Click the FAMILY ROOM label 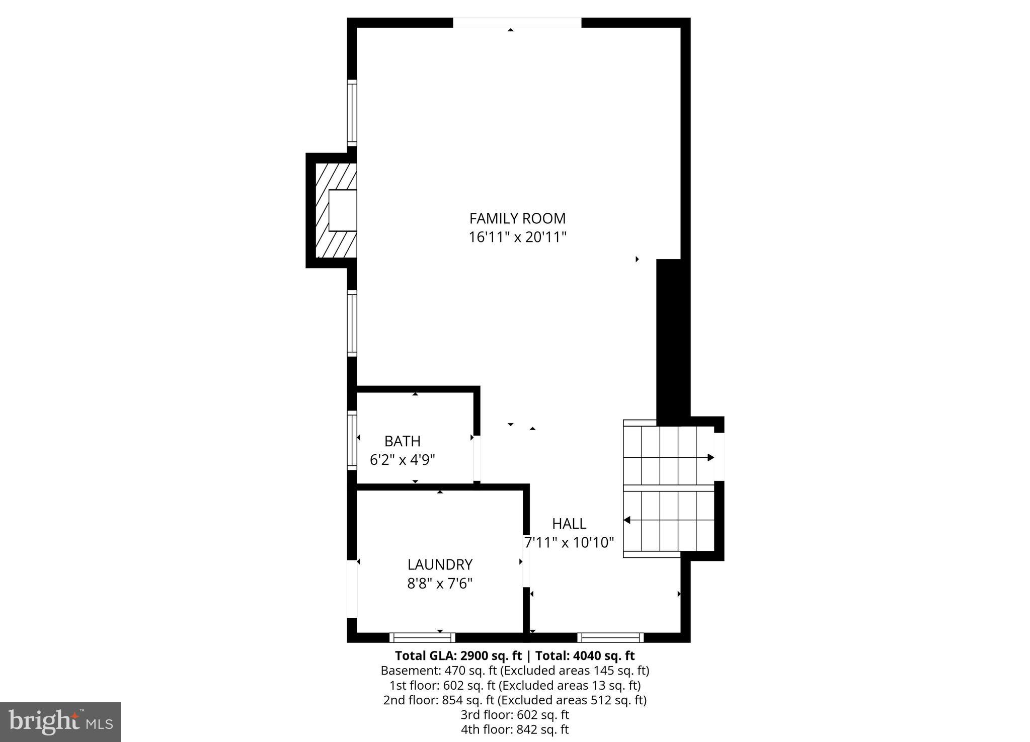click(x=517, y=218)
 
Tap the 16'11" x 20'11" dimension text click(x=517, y=237)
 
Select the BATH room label click(x=402, y=441)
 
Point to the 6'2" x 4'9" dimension click(x=402, y=460)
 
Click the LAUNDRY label click(x=440, y=564)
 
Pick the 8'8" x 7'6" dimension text click(x=440, y=584)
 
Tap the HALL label click(x=569, y=524)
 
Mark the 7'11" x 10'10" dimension click(x=569, y=543)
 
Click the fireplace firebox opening click(x=343, y=210)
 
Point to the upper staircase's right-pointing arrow click(x=710, y=457)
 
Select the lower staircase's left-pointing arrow click(x=627, y=520)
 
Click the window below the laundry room click(x=422, y=638)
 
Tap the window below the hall click(x=610, y=638)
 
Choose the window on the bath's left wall click(x=352, y=441)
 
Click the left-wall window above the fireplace click(x=352, y=113)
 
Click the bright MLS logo click(x=60, y=722)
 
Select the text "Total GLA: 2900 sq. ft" click(x=458, y=656)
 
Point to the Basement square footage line click(x=515, y=671)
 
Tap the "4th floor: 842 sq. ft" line click(x=515, y=729)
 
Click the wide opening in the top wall click(x=517, y=23)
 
